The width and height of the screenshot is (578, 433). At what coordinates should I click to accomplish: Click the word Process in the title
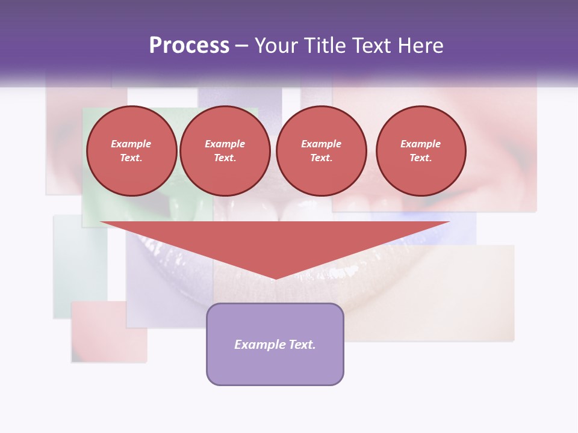(x=189, y=46)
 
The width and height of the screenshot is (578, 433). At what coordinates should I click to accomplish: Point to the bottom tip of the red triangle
(x=275, y=277)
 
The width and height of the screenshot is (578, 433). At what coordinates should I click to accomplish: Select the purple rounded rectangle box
(x=275, y=367)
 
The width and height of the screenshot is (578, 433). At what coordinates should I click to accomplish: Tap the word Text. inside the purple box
(x=302, y=345)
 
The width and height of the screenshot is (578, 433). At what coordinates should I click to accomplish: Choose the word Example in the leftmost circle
(x=131, y=144)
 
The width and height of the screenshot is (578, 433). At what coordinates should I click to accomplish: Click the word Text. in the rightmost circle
(x=420, y=158)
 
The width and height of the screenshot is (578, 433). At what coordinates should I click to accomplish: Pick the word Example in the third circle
(x=322, y=144)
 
